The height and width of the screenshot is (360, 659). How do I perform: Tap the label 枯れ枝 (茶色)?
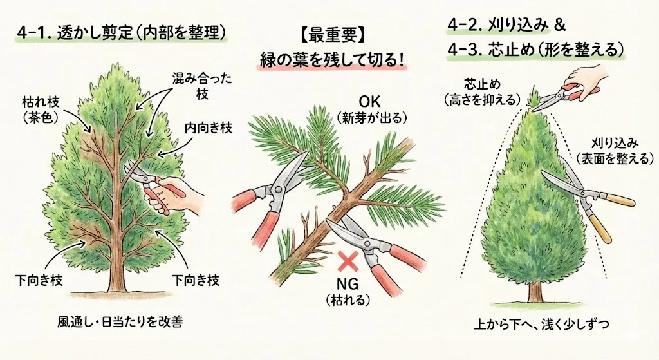tap(41, 109)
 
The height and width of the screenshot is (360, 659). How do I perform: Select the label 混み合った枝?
tap(202, 86)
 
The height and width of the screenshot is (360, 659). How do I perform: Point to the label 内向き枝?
tap(209, 128)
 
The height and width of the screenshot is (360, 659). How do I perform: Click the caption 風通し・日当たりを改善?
tap(120, 322)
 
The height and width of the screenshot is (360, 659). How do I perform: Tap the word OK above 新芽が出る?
tap(369, 102)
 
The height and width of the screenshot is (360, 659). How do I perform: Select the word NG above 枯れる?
tap(348, 284)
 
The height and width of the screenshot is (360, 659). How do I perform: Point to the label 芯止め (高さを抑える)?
tap(481, 91)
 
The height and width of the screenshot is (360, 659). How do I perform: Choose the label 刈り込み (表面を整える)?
tap(615, 151)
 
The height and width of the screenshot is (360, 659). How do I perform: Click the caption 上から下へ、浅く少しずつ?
tap(542, 325)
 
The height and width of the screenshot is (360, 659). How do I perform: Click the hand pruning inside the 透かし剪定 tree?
tap(176, 194)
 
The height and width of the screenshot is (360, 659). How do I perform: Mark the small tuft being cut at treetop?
tap(533, 98)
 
